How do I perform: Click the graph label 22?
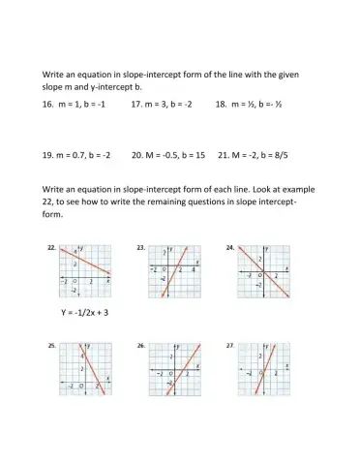pos(51,248)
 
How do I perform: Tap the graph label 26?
pos(141,345)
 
